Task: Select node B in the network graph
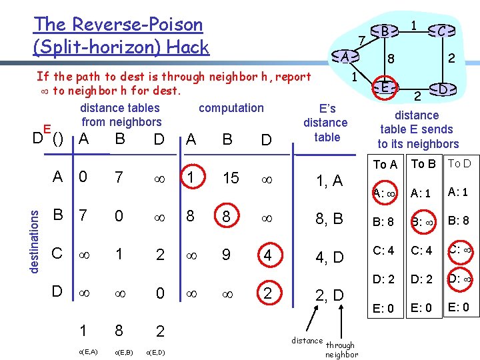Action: (x=385, y=30)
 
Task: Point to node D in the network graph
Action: (x=443, y=89)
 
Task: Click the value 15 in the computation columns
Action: (x=231, y=177)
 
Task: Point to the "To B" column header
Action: (x=423, y=164)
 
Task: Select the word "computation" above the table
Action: (x=231, y=107)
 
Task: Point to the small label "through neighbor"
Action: (x=341, y=350)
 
